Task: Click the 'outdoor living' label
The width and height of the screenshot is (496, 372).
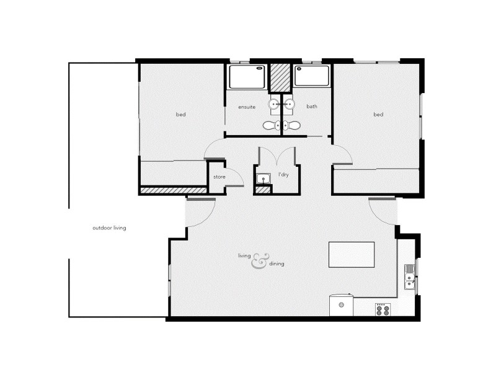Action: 109,228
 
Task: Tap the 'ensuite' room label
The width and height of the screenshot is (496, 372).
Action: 247,107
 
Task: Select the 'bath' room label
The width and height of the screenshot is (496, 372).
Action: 311,107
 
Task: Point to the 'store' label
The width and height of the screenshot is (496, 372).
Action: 219,177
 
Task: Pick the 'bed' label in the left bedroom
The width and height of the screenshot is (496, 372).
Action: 180,115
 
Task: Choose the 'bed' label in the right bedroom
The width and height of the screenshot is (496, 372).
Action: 378,115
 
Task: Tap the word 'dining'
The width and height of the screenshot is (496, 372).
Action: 277,264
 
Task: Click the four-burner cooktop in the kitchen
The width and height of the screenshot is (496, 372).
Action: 383,309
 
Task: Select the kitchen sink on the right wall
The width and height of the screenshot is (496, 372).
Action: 409,277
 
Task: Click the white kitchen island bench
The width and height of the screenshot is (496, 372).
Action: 352,255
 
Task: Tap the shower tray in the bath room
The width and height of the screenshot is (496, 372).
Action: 311,76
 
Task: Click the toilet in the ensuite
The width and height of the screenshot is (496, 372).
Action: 270,125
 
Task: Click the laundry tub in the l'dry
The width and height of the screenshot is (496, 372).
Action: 263,179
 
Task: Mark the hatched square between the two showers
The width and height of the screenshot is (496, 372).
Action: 280,77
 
